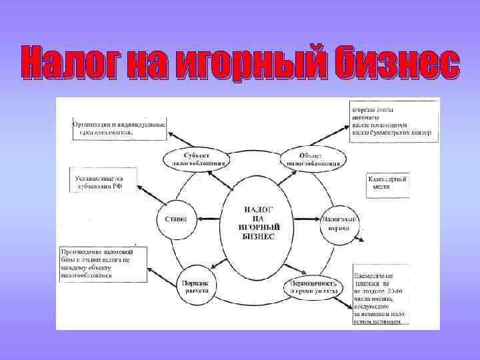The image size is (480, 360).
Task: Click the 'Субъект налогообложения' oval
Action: coord(195,158)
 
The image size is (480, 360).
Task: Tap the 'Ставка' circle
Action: coord(176,219)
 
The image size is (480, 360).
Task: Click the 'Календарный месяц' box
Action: coord(387,184)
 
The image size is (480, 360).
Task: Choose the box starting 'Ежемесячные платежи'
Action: coord(381,295)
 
